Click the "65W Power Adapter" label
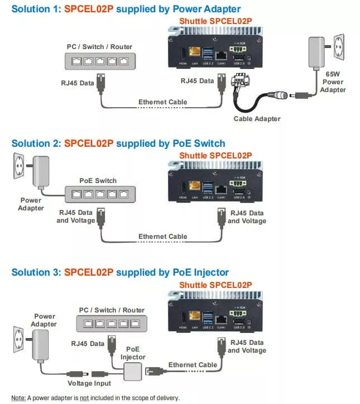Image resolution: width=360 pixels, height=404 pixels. (x=335, y=81)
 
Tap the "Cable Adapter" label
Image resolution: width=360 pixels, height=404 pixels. (x=257, y=118)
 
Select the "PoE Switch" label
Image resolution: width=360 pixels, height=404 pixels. (x=98, y=180)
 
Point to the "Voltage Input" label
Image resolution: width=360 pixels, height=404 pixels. (x=89, y=383)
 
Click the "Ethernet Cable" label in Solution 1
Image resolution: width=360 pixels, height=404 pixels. (x=162, y=102)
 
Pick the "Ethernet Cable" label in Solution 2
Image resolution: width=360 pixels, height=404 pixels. (x=162, y=237)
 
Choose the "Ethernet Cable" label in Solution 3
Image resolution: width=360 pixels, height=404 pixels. (x=193, y=365)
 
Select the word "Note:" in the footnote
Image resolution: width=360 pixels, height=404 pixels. (x=18, y=398)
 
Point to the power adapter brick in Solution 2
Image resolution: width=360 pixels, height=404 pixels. (x=40, y=171)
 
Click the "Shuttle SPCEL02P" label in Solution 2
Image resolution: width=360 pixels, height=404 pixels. (x=215, y=155)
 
